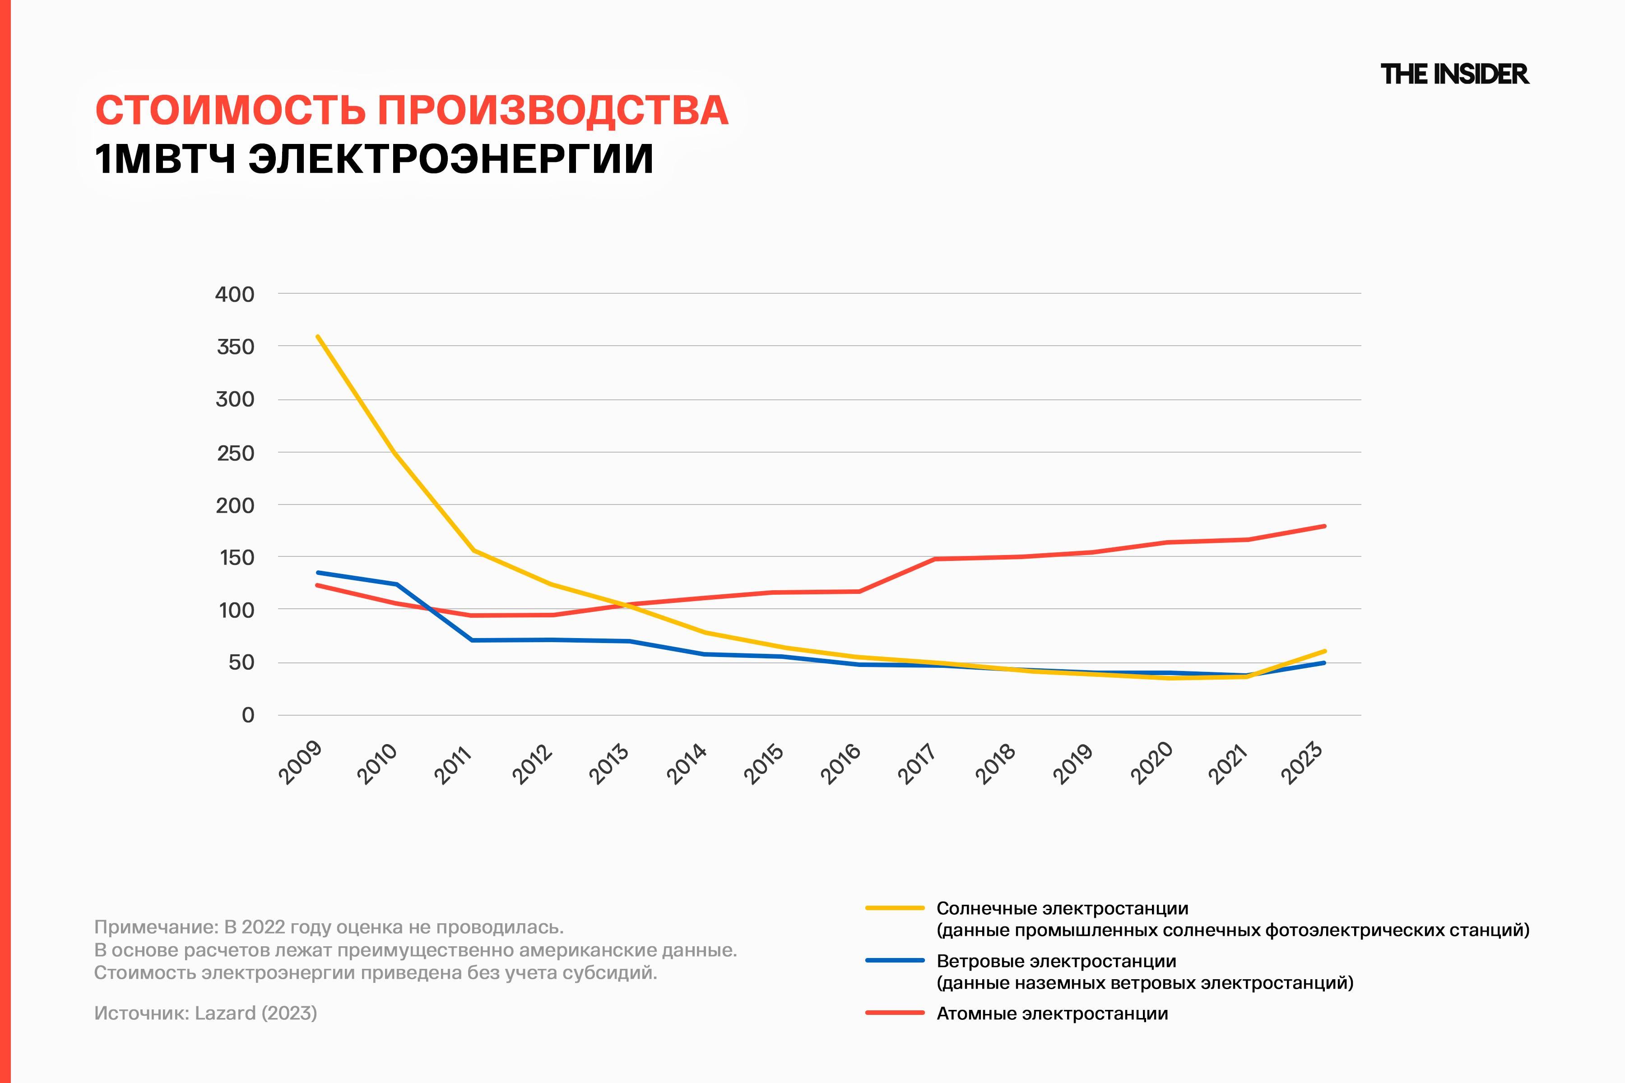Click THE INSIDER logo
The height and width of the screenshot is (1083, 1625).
click(1454, 74)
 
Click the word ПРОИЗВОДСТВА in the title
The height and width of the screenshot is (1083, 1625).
click(552, 111)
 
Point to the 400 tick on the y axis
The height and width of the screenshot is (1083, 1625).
click(235, 294)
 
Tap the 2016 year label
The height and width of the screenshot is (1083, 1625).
click(841, 763)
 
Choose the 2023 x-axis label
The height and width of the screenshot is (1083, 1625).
click(1302, 763)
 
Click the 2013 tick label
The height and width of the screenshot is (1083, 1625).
click(609, 763)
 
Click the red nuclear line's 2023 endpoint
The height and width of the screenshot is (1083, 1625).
click(1324, 526)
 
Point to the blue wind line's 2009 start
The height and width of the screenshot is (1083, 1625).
click(318, 573)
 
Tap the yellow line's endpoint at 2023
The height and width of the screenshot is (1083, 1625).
click(1324, 651)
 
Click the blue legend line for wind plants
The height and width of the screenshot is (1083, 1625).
click(895, 961)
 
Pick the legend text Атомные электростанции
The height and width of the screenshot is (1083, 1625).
click(1052, 1013)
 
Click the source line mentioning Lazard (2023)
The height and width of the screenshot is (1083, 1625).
click(205, 1013)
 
